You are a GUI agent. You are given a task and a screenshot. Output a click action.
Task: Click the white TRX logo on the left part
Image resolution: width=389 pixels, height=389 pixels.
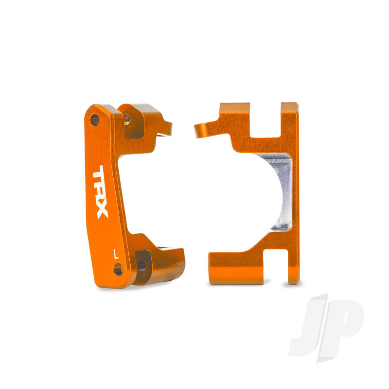coord(101,193)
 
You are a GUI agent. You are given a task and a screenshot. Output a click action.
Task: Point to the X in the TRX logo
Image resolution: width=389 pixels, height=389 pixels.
coord(102,211)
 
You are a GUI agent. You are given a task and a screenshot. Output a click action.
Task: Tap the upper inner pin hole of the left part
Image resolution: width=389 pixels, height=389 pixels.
coord(127,119)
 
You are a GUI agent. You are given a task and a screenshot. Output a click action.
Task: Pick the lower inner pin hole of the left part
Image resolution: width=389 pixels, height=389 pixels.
coord(141,265)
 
